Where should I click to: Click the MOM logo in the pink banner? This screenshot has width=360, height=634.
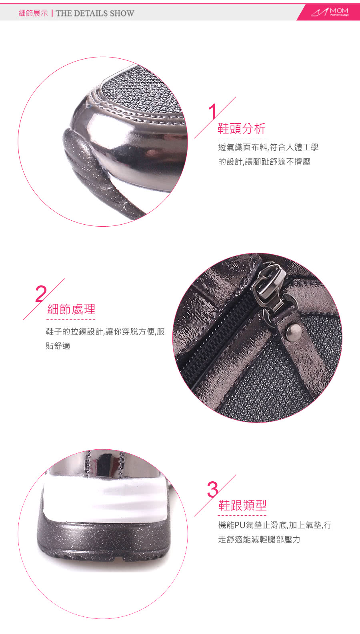330,12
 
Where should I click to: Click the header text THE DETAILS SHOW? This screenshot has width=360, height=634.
95,13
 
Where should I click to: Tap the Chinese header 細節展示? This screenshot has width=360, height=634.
33,13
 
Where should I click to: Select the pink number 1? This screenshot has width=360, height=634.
213,112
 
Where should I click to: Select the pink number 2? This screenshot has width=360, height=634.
41,294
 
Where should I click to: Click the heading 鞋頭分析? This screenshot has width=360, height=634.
242,128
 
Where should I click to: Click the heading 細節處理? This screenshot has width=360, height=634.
71,309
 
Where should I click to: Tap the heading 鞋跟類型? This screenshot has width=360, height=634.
242,505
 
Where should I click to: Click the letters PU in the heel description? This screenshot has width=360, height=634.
240,525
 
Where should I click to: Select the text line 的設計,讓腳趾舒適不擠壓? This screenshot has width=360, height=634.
264,161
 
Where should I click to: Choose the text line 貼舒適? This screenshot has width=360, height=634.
58,346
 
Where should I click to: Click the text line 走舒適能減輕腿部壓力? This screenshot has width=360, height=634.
259,540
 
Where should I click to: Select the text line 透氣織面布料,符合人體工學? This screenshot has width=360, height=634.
268,148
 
